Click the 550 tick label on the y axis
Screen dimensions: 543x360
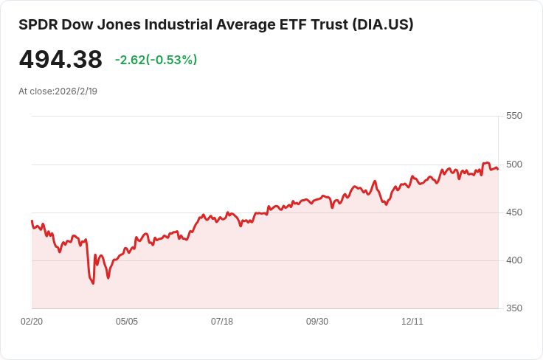(514, 116)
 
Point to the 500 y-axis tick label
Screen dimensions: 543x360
(514, 165)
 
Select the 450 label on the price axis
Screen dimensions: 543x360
(514, 212)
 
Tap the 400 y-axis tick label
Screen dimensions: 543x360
(514, 260)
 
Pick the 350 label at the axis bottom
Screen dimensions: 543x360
(514, 308)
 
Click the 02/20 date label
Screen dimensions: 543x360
(32, 322)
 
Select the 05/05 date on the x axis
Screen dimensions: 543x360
(127, 322)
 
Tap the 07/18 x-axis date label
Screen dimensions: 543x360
(222, 322)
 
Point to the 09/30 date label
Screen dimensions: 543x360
(317, 322)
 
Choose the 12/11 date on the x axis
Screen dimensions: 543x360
(412, 322)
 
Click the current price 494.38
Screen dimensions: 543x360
(60, 59)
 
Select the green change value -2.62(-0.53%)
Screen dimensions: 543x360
(156, 60)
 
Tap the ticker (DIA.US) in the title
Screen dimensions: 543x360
(383, 25)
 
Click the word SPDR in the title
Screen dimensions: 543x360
(38, 25)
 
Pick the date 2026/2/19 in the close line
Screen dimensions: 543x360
(76, 91)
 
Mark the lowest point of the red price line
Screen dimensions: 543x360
(93, 284)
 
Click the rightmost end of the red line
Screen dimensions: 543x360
(498, 169)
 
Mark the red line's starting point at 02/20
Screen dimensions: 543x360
(32, 221)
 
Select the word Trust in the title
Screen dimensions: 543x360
(330, 25)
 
